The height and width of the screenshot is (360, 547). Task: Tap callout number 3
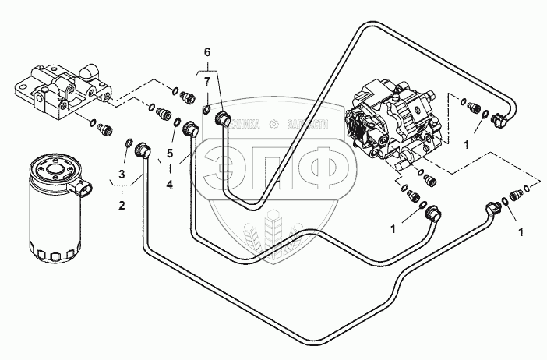(x=121, y=172)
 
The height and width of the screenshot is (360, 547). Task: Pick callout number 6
(x=206, y=51)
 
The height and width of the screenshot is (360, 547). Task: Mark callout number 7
(x=206, y=80)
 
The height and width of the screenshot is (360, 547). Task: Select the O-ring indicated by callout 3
(x=129, y=142)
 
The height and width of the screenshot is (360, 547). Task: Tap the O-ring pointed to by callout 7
(x=206, y=108)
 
